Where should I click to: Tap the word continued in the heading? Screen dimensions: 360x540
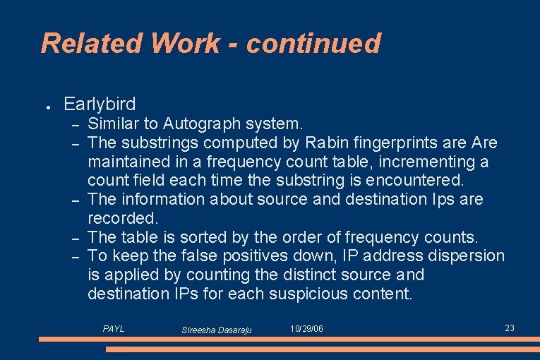(x=313, y=44)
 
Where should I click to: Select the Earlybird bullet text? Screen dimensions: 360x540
(x=100, y=104)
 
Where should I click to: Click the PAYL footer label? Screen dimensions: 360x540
(x=114, y=329)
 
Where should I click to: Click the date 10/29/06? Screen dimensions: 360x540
(x=306, y=330)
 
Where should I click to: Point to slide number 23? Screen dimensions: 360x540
(x=510, y=328)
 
